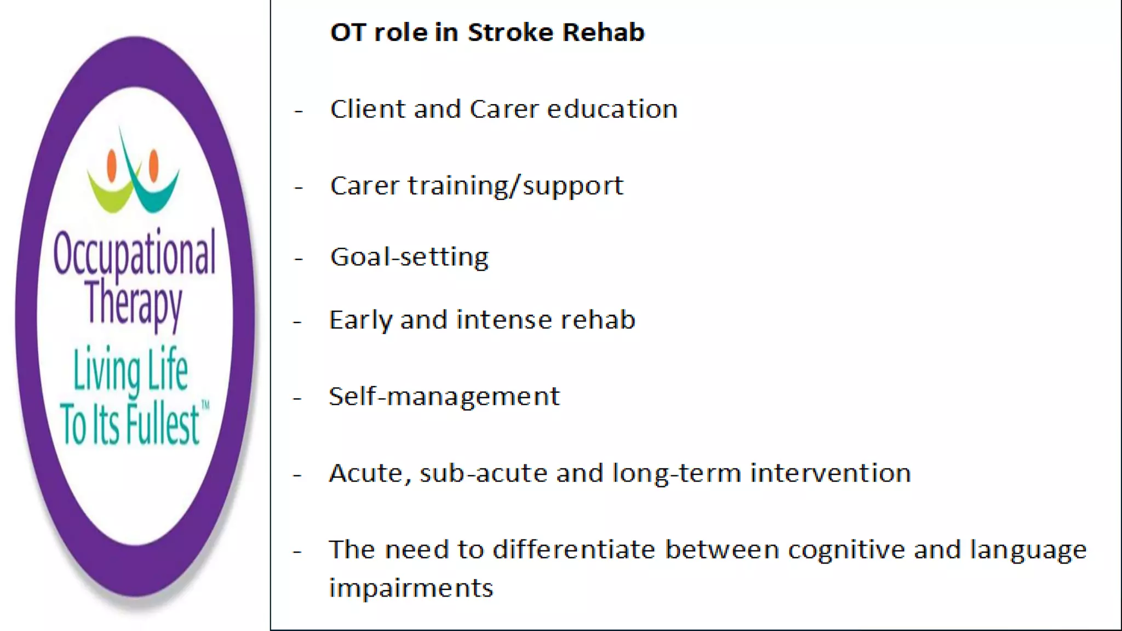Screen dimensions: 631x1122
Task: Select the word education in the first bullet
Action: click(612, 109)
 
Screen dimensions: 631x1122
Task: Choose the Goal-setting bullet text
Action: click(409, 257)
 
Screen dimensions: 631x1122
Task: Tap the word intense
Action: click(497, 320)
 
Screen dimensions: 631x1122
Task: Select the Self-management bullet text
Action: click(444, 397)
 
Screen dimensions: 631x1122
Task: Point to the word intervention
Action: click(830, 473)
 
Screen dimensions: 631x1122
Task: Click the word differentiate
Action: click(574, 550)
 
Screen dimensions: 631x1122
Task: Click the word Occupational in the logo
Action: click(134, 253)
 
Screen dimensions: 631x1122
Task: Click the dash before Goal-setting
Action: click(299, 258)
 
